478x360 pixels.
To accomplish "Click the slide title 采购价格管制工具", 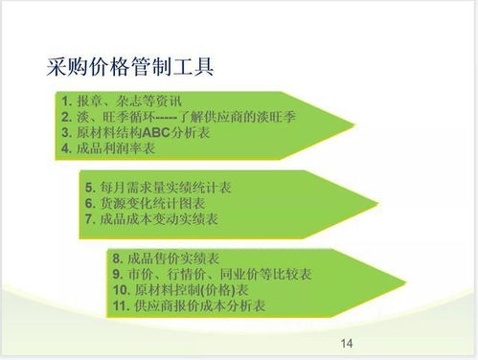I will click(128, 68).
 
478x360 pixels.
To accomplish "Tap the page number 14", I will click(347, 343).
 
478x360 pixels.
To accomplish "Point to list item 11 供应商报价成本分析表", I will click(189, 306).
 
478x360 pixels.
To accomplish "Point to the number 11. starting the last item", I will click(120, 306).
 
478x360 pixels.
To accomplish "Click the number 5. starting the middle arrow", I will click(89, 188).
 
